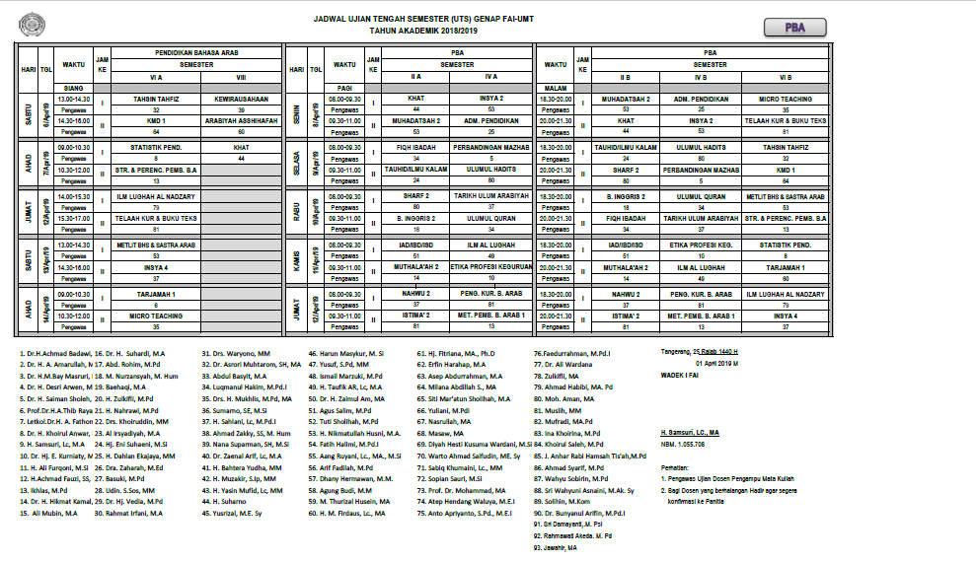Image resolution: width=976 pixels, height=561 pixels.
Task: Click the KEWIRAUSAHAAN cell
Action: [x=241, y=100]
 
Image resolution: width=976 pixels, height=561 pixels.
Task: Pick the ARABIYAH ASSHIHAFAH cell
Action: [x=241, y=119]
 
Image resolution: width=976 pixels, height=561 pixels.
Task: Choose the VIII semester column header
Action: [x=241, y=76]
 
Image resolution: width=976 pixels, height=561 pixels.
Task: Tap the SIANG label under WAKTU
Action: [x=72, y=88]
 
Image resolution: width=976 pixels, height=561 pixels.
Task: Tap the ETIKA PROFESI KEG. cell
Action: [x=701, y=244]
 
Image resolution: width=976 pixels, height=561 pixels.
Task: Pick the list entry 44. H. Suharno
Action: [x=225, y=501]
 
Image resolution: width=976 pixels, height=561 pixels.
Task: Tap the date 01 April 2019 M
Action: [x=703, y=362]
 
